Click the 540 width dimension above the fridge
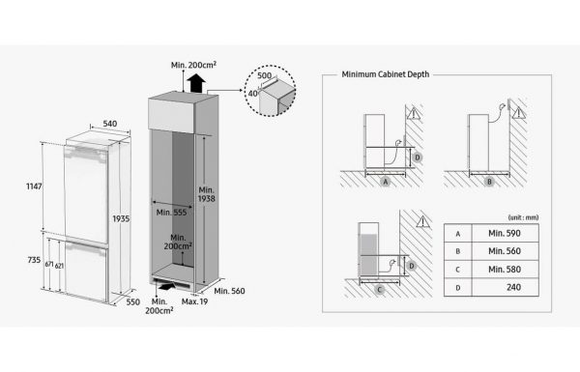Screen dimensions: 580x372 (x=110, y=124)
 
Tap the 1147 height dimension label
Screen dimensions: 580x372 (x=34, y=186)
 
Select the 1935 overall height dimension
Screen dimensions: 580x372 (x=121, y=219)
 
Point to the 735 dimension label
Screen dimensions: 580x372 (x=34, y=260)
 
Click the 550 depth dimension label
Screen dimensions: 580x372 (x=132, y=302)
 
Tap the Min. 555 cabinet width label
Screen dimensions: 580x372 (x=171, y=213)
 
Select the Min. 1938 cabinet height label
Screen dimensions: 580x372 (x=207, y=194)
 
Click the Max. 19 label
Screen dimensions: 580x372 (x=194, y=301)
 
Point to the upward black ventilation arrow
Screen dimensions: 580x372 (x=196, y=83)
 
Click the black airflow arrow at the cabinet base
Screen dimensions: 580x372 (x=167, y=286)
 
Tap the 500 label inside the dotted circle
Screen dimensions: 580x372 (x=264, y=75)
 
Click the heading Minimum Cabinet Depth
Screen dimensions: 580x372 (x=386, y=74)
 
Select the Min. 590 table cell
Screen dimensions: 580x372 (x=505, y=233)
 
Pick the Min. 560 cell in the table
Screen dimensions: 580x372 (x=505, y=251)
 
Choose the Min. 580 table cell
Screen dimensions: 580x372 (x=505, y=270)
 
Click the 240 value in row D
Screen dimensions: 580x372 (x=514, y=287)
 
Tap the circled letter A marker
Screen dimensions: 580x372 (x=386, y=182)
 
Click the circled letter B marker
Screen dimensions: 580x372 (x=489, y=182)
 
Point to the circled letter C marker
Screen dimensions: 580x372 (x=379, y=290)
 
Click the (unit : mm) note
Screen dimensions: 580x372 (x=523, y=217)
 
